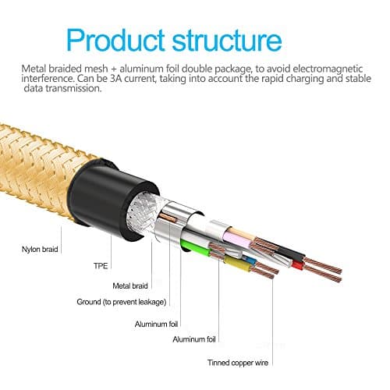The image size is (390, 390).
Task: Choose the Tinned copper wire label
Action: point(237,361)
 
